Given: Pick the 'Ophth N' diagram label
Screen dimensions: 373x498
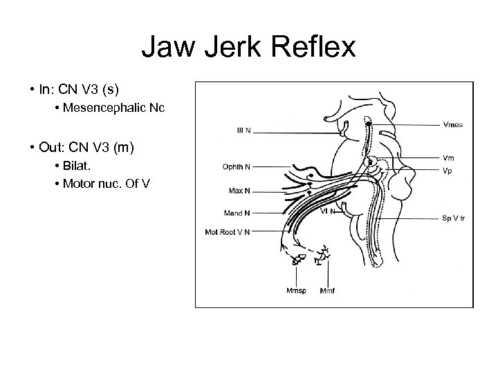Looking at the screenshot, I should [237, 166].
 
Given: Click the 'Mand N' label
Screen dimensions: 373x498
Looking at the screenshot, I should [237, 213].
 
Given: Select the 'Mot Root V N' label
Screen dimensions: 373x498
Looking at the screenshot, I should [228, 231].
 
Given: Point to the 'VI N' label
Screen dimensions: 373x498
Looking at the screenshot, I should [329, 211].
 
